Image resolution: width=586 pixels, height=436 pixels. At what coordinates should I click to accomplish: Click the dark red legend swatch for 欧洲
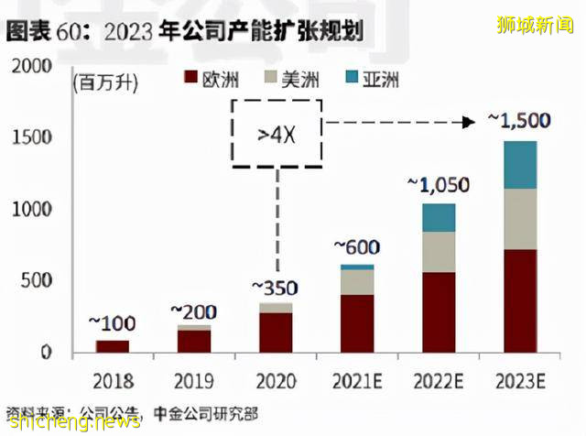coord(190,80)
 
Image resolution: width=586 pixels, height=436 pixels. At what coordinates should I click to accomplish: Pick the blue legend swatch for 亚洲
coord(356,80)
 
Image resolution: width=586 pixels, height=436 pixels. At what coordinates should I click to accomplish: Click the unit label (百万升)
coord(104,84)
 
